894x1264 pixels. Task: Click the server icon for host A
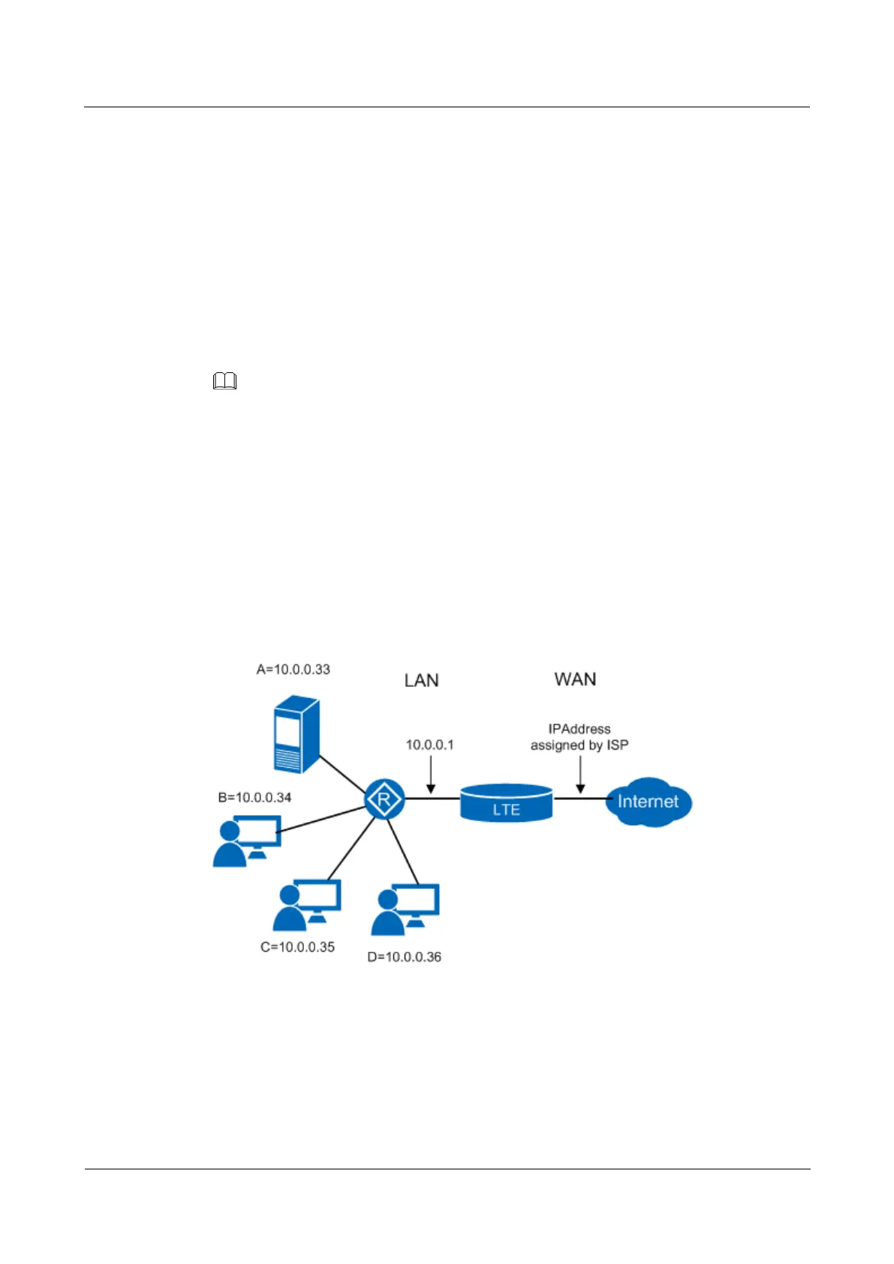(296, 734)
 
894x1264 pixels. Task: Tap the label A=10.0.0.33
(293, 670)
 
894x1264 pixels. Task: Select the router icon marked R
(384, 799)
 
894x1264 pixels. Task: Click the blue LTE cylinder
(507, 803)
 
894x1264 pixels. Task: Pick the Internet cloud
(648, 802)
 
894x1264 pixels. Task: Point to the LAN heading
(421, 681)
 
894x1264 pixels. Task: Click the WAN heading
(575, 679)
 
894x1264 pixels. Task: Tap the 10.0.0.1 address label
(429, 745)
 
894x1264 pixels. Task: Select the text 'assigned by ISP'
(579, 745)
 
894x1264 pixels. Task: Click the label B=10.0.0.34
(254, 797)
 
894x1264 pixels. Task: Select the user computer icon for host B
(247, 841)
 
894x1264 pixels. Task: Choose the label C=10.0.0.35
(297, 947)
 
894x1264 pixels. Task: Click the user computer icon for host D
(405, 909)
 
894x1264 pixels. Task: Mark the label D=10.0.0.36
(404, 957)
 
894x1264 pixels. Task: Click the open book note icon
(224, 382)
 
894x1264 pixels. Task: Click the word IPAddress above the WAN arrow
(579, 729)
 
